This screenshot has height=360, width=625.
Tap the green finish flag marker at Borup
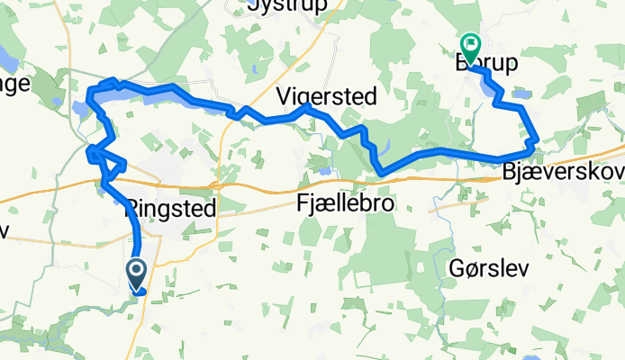click(x=470, y=44)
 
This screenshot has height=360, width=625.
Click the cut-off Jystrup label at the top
click(x=285, y=7)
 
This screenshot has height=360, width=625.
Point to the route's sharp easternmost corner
click(x=537, y=140)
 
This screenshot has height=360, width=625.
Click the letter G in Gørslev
click(x=456, y=268)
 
